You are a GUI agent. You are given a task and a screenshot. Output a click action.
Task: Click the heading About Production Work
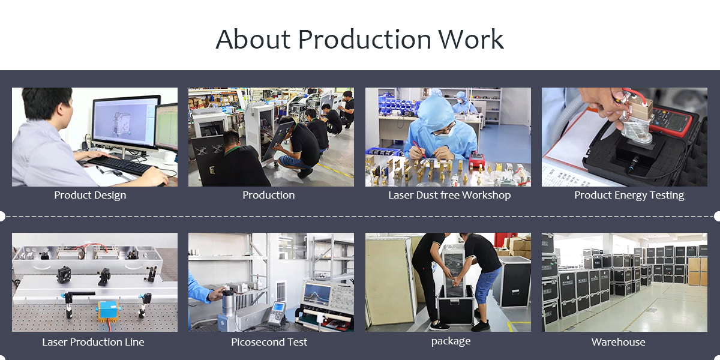click(359, 39)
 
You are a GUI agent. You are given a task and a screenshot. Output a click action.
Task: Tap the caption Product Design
click(90, 195)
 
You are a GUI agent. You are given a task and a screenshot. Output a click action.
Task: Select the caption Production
click(268, 195)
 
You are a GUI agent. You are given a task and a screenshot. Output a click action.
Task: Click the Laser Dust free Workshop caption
click(449, 195)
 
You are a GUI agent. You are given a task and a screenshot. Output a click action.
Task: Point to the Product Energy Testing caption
click(629, 195)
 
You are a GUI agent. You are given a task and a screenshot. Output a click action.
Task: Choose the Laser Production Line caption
click(93, 342)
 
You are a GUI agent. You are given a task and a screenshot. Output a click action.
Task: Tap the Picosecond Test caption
click(269, 342)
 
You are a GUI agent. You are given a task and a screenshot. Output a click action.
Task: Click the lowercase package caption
click(451, 341)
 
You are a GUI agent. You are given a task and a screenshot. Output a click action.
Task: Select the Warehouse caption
click(618, 342)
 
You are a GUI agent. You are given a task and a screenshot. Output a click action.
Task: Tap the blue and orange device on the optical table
click(109, 311)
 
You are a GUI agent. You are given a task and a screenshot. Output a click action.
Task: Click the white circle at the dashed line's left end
click(2, 217)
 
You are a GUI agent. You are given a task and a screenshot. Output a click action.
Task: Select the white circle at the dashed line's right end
click(718, 217)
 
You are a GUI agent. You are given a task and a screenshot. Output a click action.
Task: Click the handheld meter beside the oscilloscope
click(277, 312)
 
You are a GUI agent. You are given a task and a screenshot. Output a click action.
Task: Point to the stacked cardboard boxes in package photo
click(517, 246)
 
